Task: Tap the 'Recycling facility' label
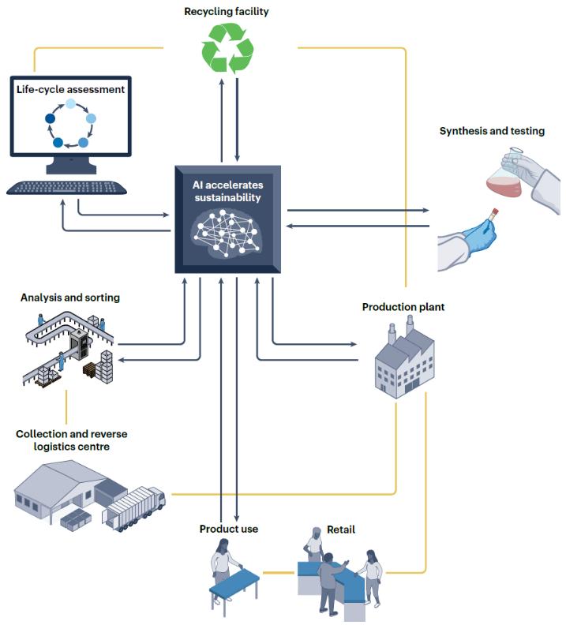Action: tap(227, 11)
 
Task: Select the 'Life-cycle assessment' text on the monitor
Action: tap(70, 89)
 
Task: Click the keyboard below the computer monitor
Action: tap(66, 188)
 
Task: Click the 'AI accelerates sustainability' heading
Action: tap(227, 191)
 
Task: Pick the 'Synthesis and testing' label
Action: tap(491, 131)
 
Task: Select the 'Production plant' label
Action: tap(403, 306)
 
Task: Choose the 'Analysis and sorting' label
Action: tap(70, 298)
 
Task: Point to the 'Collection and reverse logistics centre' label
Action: tap(71, 440)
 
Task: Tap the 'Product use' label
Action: tap(228, 528)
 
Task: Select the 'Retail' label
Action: tap(340, 529)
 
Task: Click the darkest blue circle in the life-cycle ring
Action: tap(51, 119)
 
